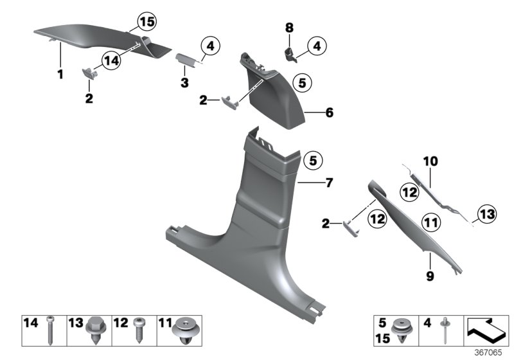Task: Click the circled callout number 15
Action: pos(147,22)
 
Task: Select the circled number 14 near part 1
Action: pos(111,60)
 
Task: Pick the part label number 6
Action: pos(329,113)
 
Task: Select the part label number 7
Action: pos(329,183)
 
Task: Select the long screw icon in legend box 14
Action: pos(50,330)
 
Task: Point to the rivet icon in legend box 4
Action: pos(444,330)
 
